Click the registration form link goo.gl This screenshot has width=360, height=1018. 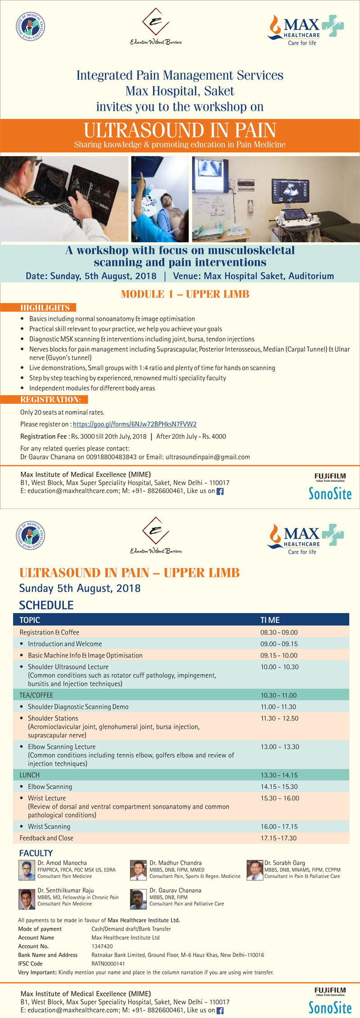coord(135,424)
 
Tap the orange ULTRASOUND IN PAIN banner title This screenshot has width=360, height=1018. coord(180,131)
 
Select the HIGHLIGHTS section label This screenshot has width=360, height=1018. coord(45,308)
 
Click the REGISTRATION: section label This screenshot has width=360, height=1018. coord(50,400)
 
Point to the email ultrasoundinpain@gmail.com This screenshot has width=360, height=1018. coord(207,457)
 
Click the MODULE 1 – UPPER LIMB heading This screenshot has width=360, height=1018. coord(185,294)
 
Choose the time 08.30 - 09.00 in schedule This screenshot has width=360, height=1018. coord(279,632)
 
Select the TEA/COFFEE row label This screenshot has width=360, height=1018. coord(36,695)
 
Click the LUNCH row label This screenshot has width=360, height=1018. coord(29,775)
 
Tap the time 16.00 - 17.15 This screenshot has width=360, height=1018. coord(279,826)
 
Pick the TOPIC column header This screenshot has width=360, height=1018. coord(30,620)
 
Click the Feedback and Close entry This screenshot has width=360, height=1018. coord(46,838)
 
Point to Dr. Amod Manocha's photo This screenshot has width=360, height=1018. coord(27,870)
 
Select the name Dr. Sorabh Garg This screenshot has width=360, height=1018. coord(284,863)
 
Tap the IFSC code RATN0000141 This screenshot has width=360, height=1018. coord(108,964)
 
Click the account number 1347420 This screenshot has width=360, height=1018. coord(102,946)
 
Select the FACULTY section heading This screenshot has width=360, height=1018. coord(36,853)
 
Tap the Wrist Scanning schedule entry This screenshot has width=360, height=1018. coord(49,826)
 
